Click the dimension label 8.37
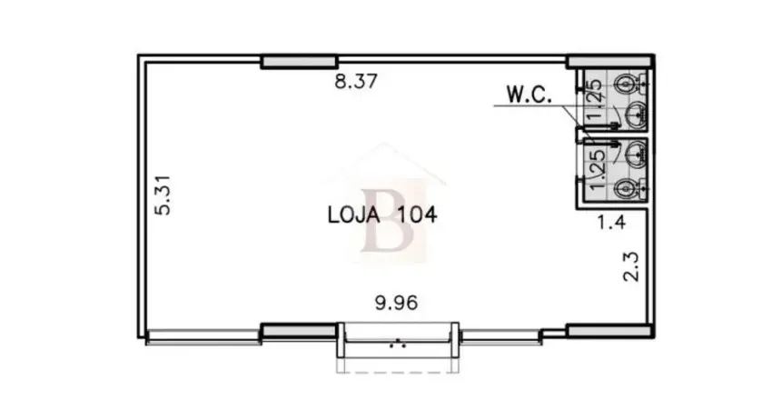click(356, 81)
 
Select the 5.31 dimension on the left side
click(163, 195)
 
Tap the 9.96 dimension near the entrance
click(396, 303)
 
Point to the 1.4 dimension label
click(611, 223)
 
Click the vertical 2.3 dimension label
click(631, 266)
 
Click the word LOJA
click(354, 214)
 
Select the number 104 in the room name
click(417, 214)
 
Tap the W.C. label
click(530, 95)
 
